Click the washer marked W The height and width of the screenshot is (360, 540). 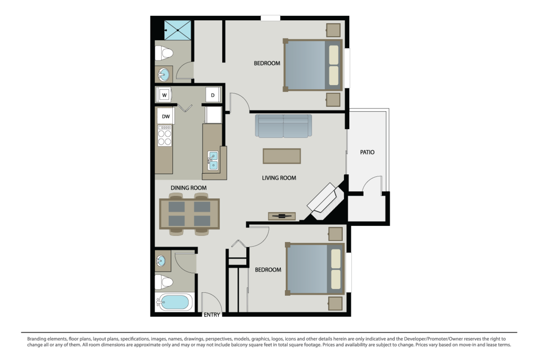pyautogui.click(x=164, y=94)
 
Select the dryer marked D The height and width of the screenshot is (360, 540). pyautogui.click(x=213, y=95)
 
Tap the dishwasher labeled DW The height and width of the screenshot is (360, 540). pyautogui.click(x=166, y=116)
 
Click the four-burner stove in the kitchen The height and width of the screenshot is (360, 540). pyautogui.click(x=165, y=135)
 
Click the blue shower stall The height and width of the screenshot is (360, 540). pyautogui.click(x=178, y=30)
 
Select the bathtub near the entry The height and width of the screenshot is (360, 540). pyautogui.click(x=174, y=302)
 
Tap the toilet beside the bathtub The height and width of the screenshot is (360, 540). pyautogui.click(x=163, y=282)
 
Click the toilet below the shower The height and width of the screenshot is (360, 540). pyautogui.click(x=164, y=53)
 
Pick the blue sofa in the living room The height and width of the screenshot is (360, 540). pyautogui.click(x=283, y=126)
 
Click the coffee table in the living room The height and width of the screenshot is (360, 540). pyautogui.click(x=282, y=156)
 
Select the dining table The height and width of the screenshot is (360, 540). pyautogui.click(x=189, y=214)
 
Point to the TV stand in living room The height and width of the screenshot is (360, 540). pyautogui.click(x=282, y=216)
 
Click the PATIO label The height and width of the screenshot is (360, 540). pyautogui.click(x=367, y=152)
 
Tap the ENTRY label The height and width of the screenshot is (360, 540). pyautogui.click(x=211, y=315)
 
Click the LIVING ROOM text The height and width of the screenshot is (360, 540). pyautogui.click(x=279, y=178)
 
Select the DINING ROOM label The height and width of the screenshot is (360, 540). pyautogui.click(x=189, y=188)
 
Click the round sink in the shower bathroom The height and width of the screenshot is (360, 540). pyautogui.click(x=164, y=75)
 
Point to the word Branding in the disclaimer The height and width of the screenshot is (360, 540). pyautogui.click(x=37, y=339)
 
